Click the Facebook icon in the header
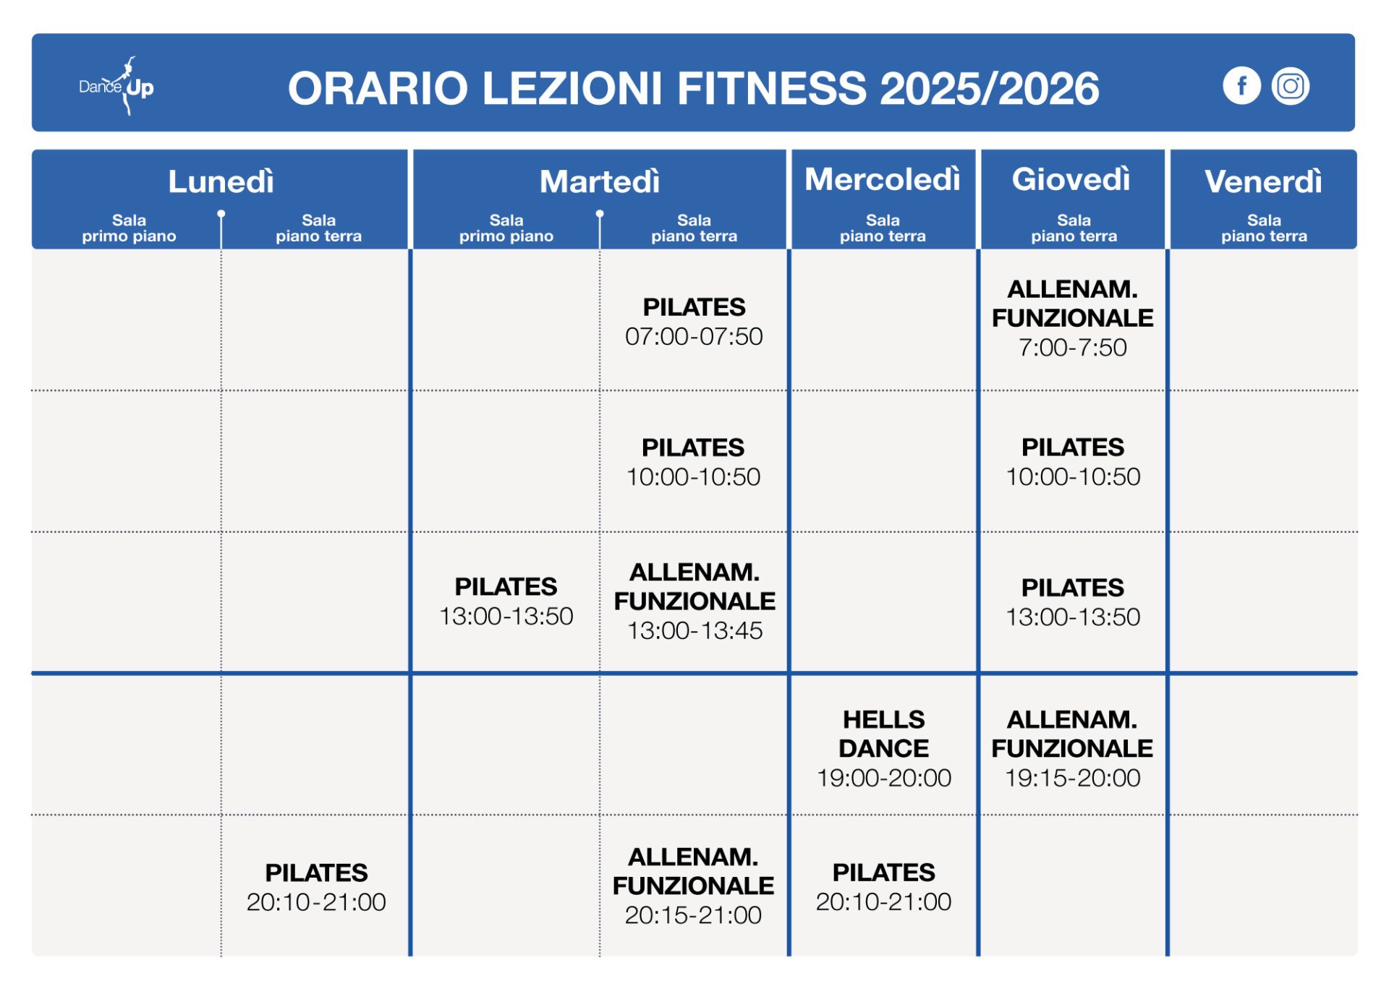pyautogui.click(x=1241, y=86)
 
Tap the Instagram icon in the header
pyautogui.click(x=1291, y=86)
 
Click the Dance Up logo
pyautogui.click(x=116, y=86)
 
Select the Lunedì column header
pyautogui.click(x=221, y=181)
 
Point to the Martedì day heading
pyautogui.click(x=600, y=181)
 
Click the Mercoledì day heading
pyautogui.click(x=883, y=179)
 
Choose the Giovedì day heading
pyautogui.click(x=1071, y=179)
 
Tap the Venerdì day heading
pyautogui.click(x=1263, y=181)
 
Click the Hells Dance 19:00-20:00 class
pyautogui.click(x=884, y=748)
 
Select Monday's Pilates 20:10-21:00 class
pyautogui.click(x=316, y=887)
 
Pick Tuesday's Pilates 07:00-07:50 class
pyautogui.click(x=694, y=322)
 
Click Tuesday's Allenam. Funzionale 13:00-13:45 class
pyautogui.click(x=694, y=601)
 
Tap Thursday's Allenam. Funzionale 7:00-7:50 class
pyautogui.click(x=1073, y=318)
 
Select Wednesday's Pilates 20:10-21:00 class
pyautogui.click(x=884, y=887)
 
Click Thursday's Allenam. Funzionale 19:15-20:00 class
pyautogui.click(x=1073, y=748)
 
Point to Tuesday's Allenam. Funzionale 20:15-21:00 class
pyautogui.click(x=693, y=886)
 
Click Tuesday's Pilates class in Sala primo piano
pyautogui.click(x=506, y=601)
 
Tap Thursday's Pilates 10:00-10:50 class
pyautogui.click(x=1073, y=462)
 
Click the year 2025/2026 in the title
pyautogui.click(x=989, y=88)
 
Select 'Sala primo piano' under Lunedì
pyautogui.click(x=129, y=228)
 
